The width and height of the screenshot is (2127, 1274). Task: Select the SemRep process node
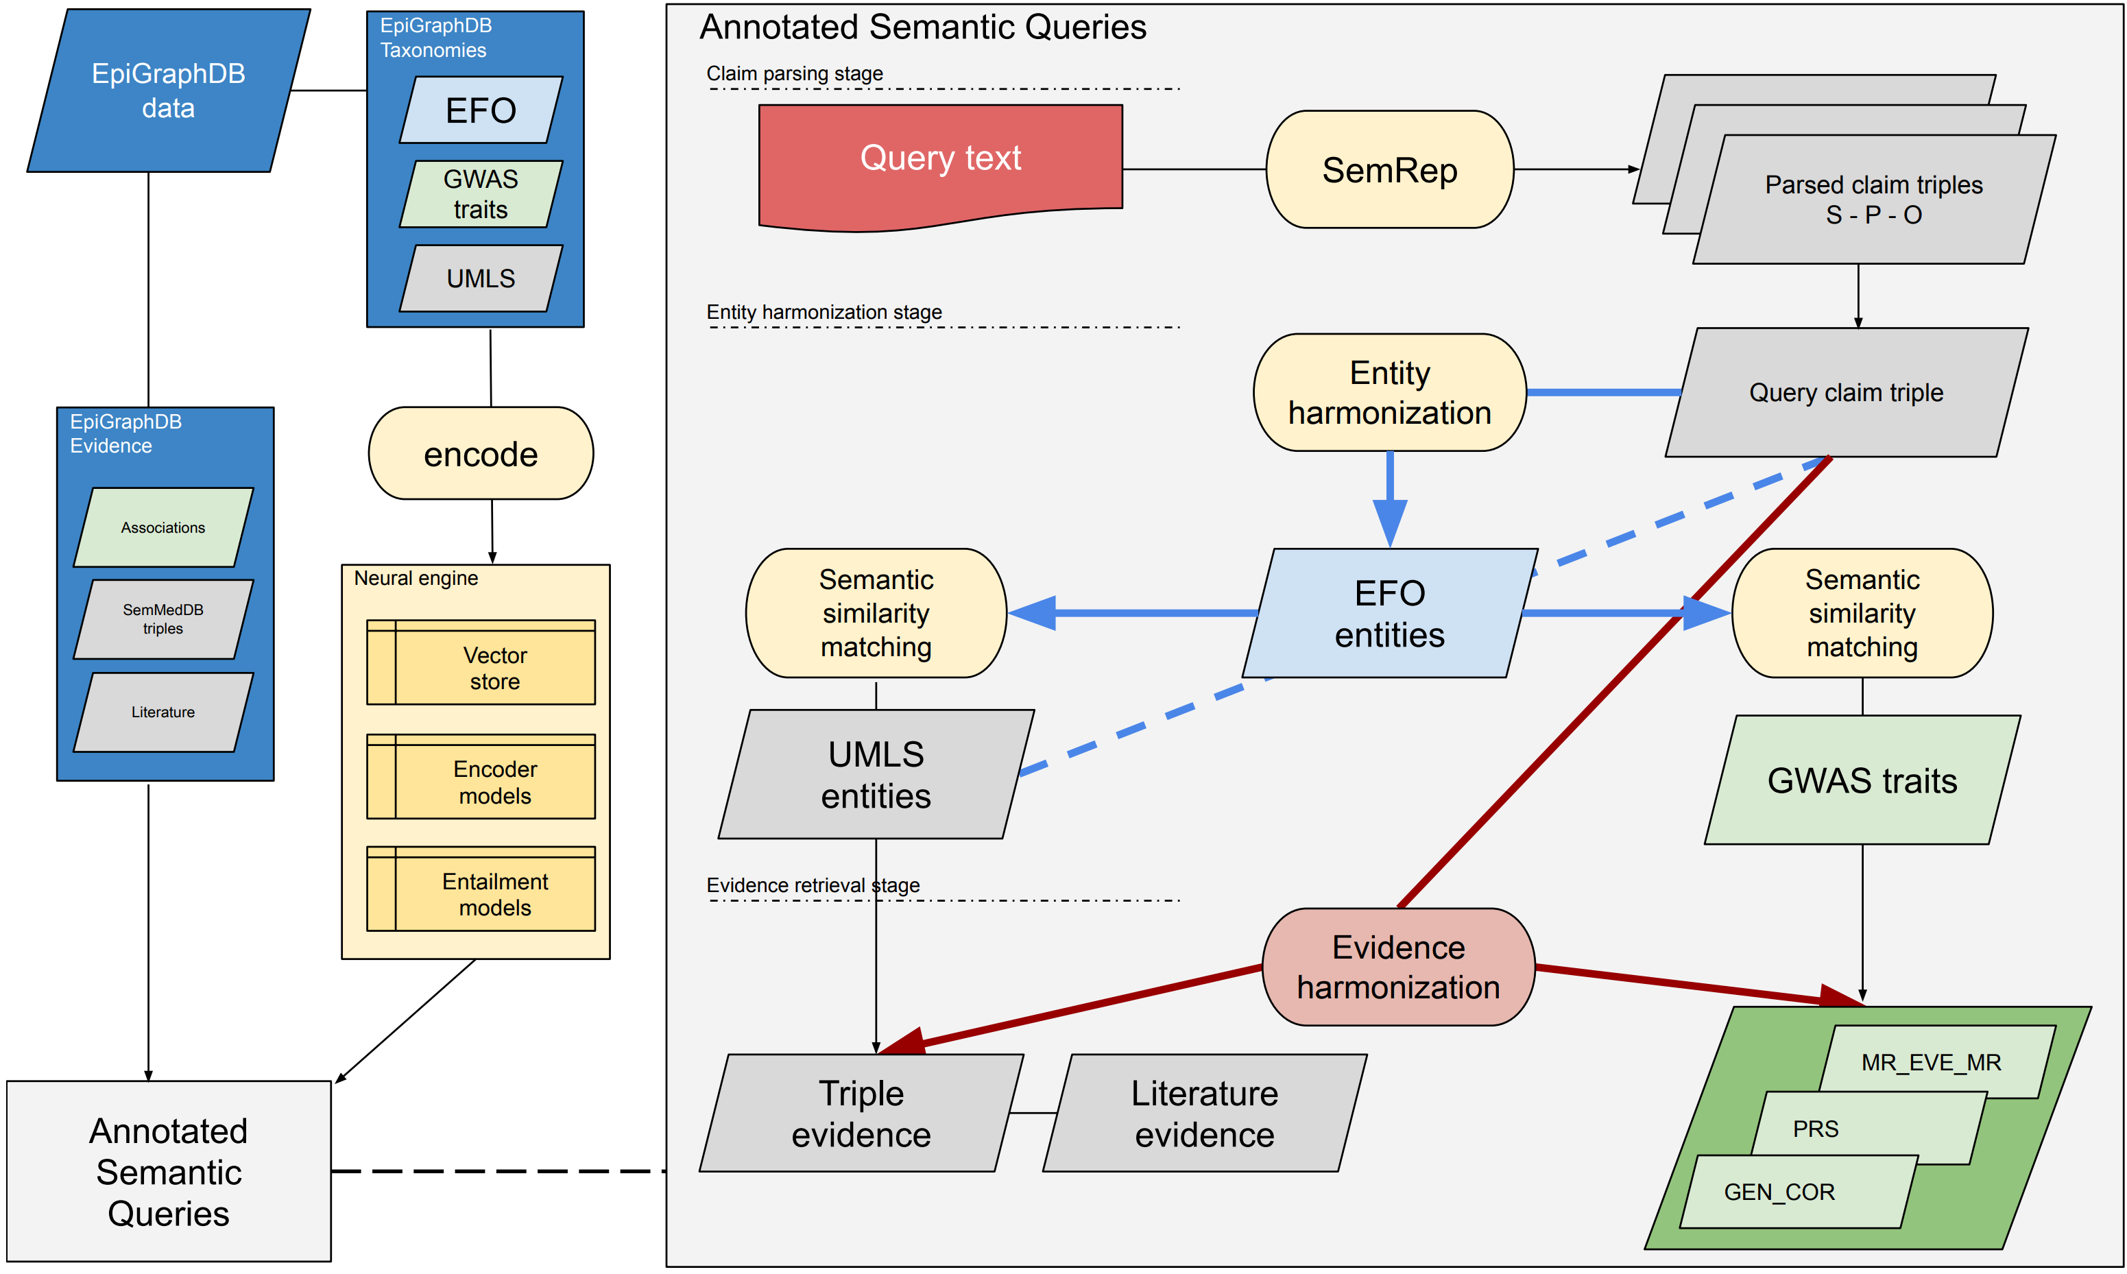(x=1389, y=170)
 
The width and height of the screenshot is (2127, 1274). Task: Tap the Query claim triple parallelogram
(x=1845, y=392)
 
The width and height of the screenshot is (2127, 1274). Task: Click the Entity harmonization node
(x=1389, y=392)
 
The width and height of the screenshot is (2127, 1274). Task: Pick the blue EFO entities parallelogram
(x=1389, y=613)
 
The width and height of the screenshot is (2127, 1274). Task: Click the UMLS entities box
(x=876, y=774)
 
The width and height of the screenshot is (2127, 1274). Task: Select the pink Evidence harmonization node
(x=1397, y=967)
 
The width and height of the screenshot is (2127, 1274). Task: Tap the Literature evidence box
(x=1203, y=1113)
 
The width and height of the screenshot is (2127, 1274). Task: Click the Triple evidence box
(x=861, y=1113)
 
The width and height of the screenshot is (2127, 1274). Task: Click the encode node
(x=481, y=454)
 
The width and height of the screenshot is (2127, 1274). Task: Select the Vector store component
(x=494, y=668)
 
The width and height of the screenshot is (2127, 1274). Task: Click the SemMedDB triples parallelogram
(x=163, y=619)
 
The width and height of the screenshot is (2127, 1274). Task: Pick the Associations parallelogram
(x=163, y=527)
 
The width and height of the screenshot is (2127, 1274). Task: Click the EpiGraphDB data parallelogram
(x=168, y=91)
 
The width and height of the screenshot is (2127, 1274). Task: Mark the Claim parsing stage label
(x=794, y=74)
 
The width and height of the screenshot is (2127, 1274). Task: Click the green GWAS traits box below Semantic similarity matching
(x=1861, y=780)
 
